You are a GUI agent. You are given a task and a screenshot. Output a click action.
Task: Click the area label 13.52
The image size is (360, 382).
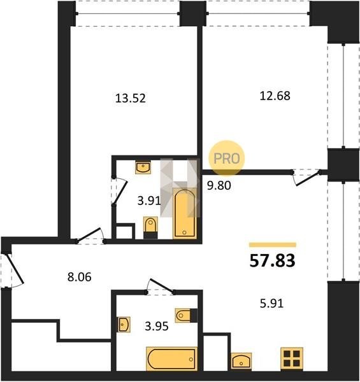tap(131, 98)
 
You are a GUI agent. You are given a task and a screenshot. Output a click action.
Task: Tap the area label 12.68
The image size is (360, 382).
tap(275, 95)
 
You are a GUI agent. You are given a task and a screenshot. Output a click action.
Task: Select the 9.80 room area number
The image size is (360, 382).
tap(219, 186)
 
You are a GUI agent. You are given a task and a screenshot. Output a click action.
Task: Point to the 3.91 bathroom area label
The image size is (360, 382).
tap(149, 201)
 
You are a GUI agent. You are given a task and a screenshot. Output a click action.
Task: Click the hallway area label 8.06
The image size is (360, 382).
tap(80, 277)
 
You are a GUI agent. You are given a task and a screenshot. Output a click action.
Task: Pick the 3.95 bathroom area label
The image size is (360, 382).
tap(157, 326)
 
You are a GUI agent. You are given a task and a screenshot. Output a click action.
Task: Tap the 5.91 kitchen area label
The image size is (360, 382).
tap(272, 304)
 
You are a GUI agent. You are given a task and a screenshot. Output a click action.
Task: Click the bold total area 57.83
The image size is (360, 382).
tap(273, 260)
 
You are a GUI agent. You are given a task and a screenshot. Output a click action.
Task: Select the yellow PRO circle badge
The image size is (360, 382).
tap(226, 158)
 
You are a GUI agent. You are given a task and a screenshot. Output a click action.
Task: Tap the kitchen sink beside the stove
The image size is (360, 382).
tap(241, 361)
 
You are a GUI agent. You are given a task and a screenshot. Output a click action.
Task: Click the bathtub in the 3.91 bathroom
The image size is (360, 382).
tap(185, 213)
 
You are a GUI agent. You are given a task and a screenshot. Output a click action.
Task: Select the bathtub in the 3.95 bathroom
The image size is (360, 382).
tap(171, 359)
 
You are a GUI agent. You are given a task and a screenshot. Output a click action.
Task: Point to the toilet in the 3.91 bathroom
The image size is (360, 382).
tap(150, 227)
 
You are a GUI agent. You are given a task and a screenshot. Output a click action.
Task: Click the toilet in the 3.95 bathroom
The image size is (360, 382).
tap(186, 316)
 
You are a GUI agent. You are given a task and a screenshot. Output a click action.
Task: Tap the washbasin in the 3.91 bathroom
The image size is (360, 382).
tap(143, 167)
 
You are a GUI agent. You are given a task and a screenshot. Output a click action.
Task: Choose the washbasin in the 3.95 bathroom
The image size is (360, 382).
tap(124, 324)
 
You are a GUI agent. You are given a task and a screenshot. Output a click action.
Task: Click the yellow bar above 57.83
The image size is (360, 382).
tap(273, 245)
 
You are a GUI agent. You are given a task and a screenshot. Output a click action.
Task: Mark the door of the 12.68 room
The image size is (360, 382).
tap(308, 178)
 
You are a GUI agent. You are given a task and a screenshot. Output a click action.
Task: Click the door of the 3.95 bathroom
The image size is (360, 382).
tap(161, 285)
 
